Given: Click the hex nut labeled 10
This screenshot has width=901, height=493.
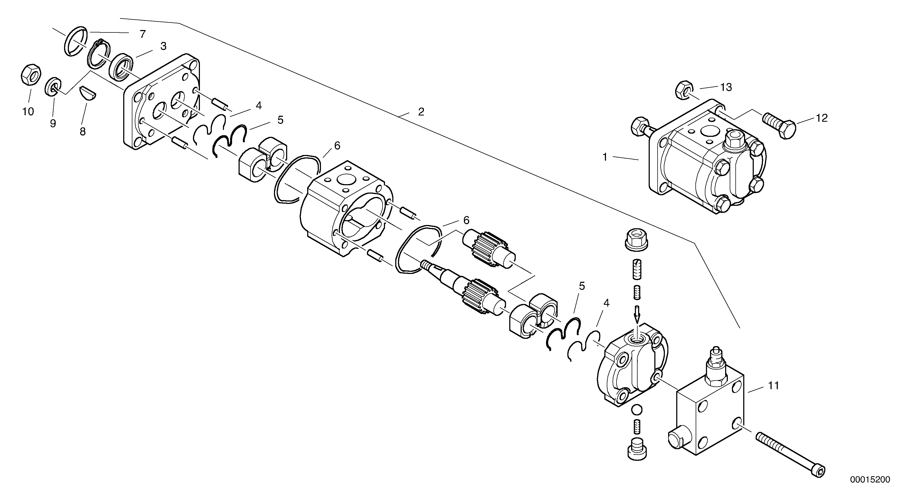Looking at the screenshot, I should [x=30, y=74].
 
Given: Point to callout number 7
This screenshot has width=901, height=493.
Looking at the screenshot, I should [x=142, y=34].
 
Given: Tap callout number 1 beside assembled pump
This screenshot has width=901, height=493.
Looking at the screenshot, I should [x=605, y=157].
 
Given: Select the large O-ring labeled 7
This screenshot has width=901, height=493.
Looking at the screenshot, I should [x=76, y=41].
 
